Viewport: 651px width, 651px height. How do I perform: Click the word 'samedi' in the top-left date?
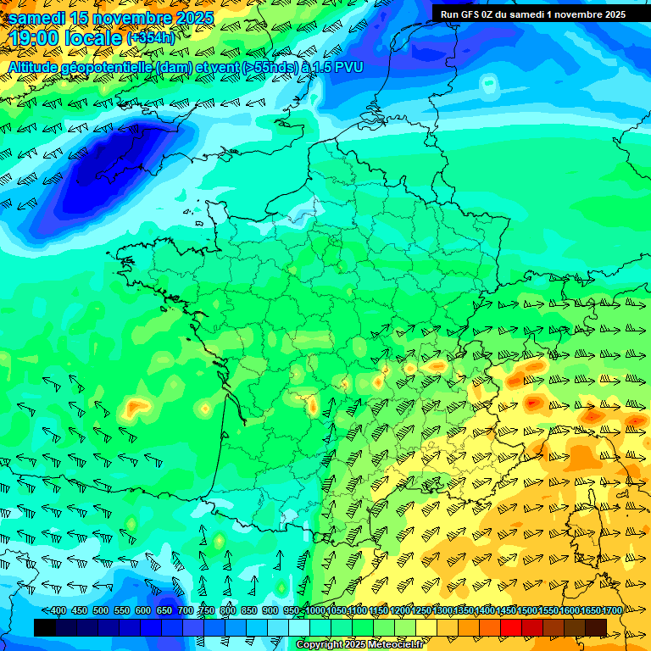tap(40, 18)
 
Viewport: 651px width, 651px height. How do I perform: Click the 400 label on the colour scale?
tap(58, 611)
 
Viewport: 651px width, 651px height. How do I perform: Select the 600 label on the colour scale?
tap(142, 611)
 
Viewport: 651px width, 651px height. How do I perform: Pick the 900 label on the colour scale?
tap(270, 611)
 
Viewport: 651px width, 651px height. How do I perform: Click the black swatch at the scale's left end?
tap(45, 627)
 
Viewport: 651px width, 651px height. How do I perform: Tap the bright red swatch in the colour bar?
tap(511, 627)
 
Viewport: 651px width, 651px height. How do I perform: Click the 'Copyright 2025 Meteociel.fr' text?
tap(360, 644)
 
